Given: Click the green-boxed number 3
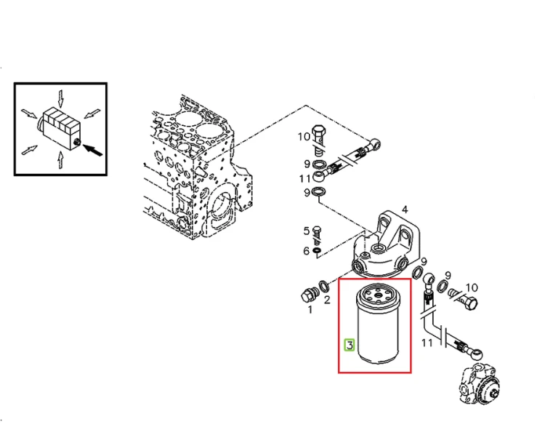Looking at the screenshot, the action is [350, 345].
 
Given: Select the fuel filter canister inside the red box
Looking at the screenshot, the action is [378, 324].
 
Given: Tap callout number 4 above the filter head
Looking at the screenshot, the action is [405, 210].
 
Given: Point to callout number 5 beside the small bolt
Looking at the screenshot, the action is [306, 231].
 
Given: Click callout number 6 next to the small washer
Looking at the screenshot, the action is [306, 250].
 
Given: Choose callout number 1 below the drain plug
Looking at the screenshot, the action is [310, 309].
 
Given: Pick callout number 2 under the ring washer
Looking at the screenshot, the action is [327, 300].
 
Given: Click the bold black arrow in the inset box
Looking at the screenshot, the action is [93, 150].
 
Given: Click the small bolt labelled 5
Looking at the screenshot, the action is [317, 235].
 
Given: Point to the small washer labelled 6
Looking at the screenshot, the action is [317, 250].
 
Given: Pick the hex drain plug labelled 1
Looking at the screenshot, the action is [309, 295].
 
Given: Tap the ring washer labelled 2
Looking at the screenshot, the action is [325, 287].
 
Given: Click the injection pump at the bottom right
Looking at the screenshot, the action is [480, 383].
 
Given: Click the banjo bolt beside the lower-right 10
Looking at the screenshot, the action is [464, 298].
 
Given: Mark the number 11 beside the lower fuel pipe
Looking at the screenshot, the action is [427, 343].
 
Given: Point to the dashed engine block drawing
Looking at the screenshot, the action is [198, 167].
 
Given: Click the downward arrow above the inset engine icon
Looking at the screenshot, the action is [61, 99].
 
